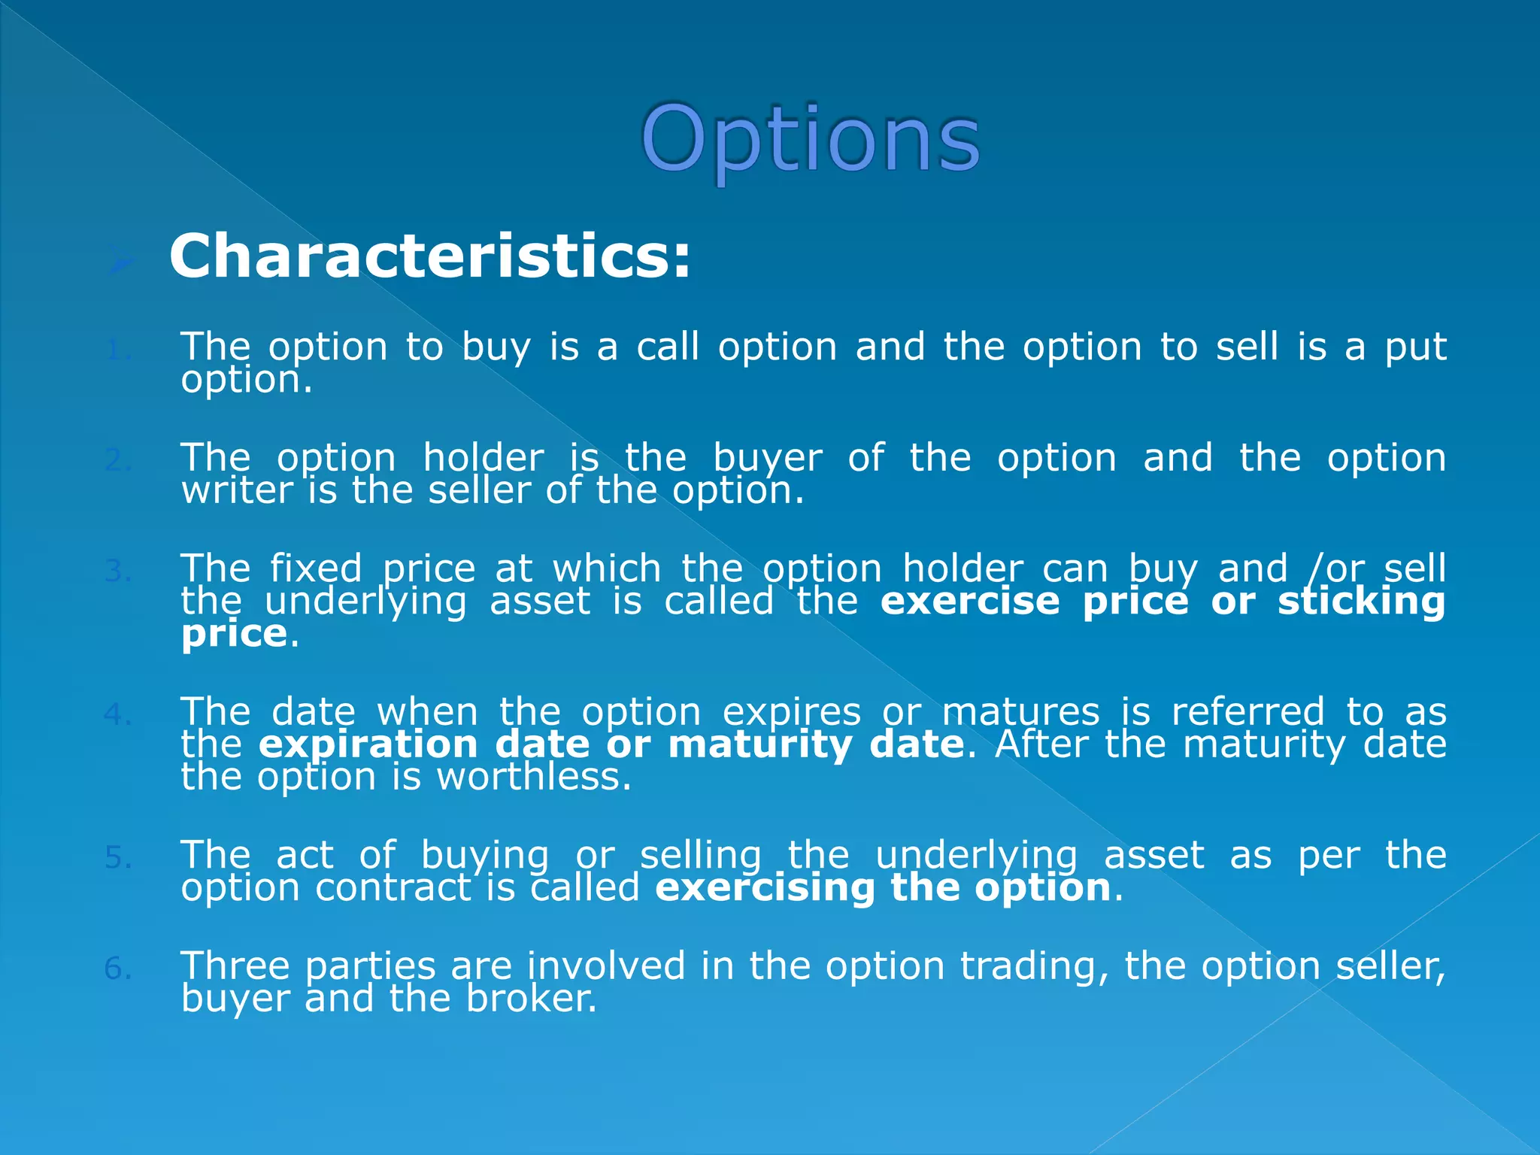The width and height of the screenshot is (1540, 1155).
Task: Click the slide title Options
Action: click(x=810, y=140)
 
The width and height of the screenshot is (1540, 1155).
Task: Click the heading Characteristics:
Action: click(x=429, y=257)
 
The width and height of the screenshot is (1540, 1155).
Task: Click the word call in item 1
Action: click(x=668, y=347)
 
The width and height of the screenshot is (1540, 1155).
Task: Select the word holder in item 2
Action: click(x=483, y=458)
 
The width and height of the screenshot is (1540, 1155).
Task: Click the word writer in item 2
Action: click(x=237, y=491)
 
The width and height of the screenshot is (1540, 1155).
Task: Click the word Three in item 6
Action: click(x=235, y=966)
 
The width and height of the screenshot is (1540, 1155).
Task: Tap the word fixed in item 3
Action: click(x=316, y=569)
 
